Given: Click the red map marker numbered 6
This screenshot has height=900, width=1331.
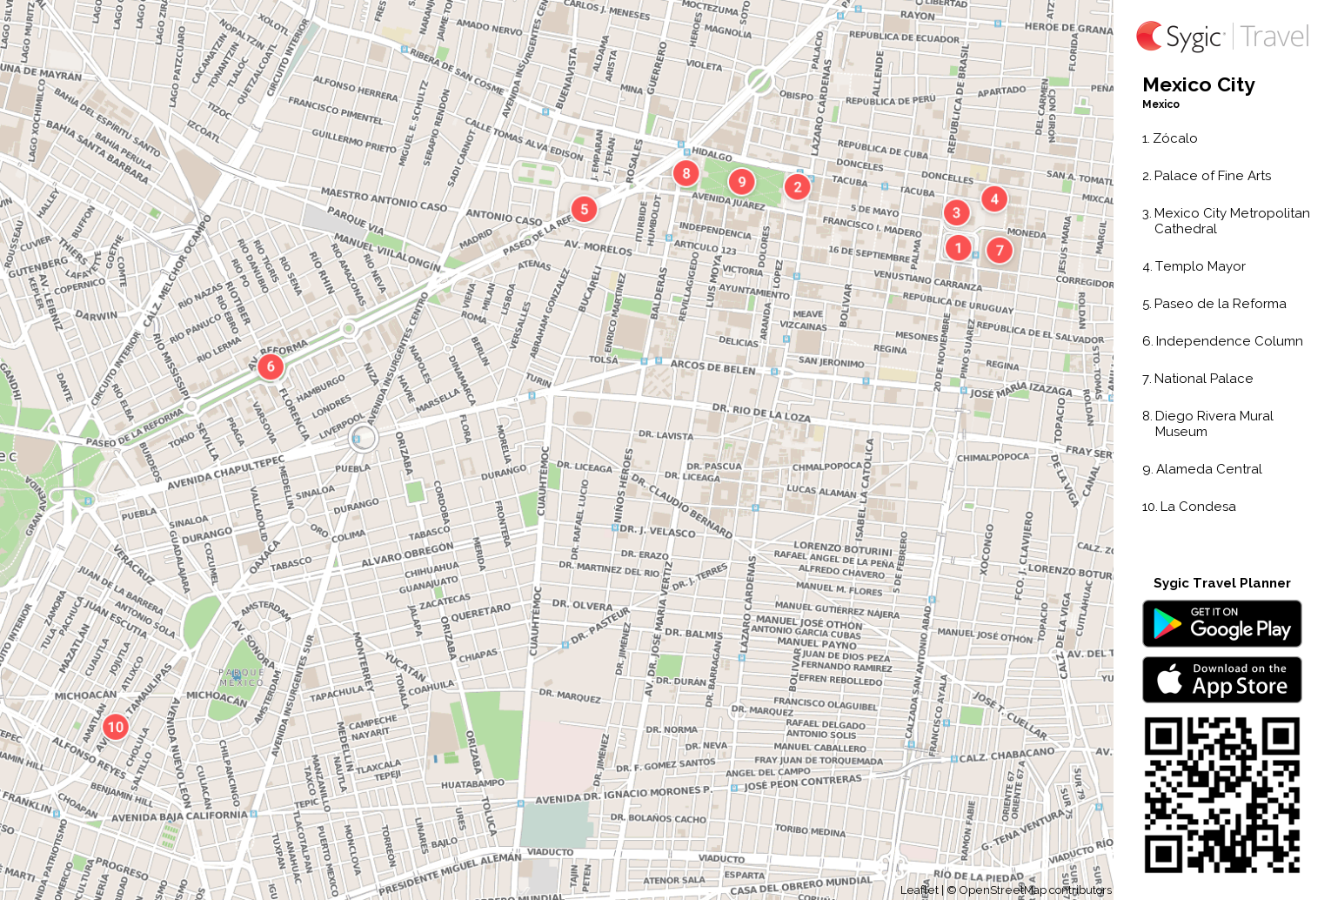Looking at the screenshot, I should [x=271, y=366].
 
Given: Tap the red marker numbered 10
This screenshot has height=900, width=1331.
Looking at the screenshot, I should [x=116, y=727].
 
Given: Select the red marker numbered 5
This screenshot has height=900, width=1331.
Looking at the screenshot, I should [x=585, y=209].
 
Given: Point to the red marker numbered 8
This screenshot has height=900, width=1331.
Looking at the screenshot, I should [x=686, y=173].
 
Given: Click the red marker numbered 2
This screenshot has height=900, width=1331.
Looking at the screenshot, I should [x=797, y=186].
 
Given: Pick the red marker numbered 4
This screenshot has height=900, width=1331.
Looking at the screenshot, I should [x=994, y=198].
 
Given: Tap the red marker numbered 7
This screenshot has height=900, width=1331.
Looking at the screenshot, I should [x=1000, y=251].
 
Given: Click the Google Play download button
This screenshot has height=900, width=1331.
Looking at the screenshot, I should [x=1221, y=623].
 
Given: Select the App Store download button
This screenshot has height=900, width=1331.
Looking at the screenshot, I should [x=1221, y=680].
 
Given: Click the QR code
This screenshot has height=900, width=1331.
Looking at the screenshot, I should [x=1221, y=795].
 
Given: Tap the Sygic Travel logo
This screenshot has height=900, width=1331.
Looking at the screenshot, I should [x=1221, y=37].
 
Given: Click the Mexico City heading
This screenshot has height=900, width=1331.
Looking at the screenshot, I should [x=1198, y=85].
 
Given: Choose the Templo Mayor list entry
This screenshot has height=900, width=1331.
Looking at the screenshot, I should [x=1200, y=266].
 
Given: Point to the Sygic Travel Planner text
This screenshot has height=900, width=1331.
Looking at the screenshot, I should [x=1221, y=583].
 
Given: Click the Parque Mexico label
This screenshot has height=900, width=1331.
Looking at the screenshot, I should [x=241, y=677].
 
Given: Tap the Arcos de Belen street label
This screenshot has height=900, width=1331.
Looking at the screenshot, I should [x=712, y=368].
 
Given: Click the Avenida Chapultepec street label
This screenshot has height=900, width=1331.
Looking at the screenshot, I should [x=225, y=472].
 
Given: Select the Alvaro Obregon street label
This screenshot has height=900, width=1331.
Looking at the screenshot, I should [x=407, y=554].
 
